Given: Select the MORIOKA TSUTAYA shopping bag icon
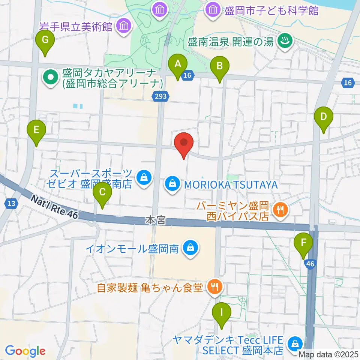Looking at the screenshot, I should click(x=172, y=184).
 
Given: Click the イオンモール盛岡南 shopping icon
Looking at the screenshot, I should click(x=190, y=248).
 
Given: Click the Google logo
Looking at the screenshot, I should click(x=25, y=351).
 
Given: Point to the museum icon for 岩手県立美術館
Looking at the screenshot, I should click(x=123, y=26).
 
